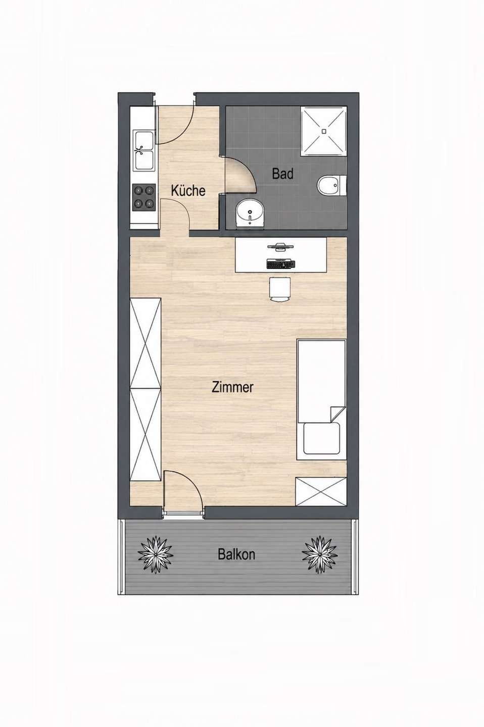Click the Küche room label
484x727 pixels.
188,190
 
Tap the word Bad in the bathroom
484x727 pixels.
282,174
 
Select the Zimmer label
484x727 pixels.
232,387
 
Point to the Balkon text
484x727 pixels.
236,554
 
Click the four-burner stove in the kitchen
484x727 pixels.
144,197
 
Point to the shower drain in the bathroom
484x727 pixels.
323,131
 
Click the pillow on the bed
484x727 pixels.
322,438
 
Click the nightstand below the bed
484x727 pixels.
321,491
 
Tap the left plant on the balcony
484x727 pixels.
155,554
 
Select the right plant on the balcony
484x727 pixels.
320,554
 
